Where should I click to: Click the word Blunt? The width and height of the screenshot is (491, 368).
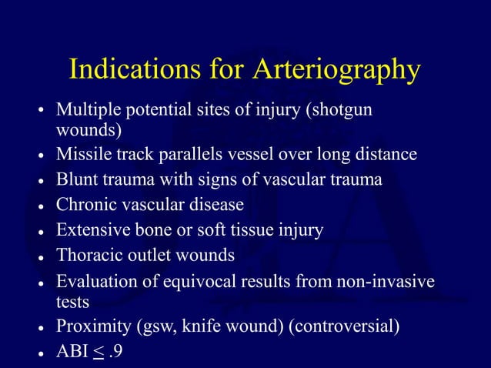point(75,180)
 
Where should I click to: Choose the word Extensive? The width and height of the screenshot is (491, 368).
point(89,230)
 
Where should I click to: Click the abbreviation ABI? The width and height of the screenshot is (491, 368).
point(71,351)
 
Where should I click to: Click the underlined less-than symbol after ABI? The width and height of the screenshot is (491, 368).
point(98,352)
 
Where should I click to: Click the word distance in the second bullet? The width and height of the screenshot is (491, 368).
point(386,155)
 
